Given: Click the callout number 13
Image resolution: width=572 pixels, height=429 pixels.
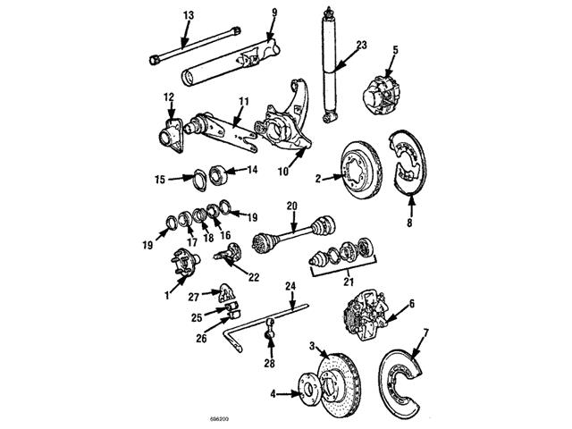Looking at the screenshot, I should tap(187, 15).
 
